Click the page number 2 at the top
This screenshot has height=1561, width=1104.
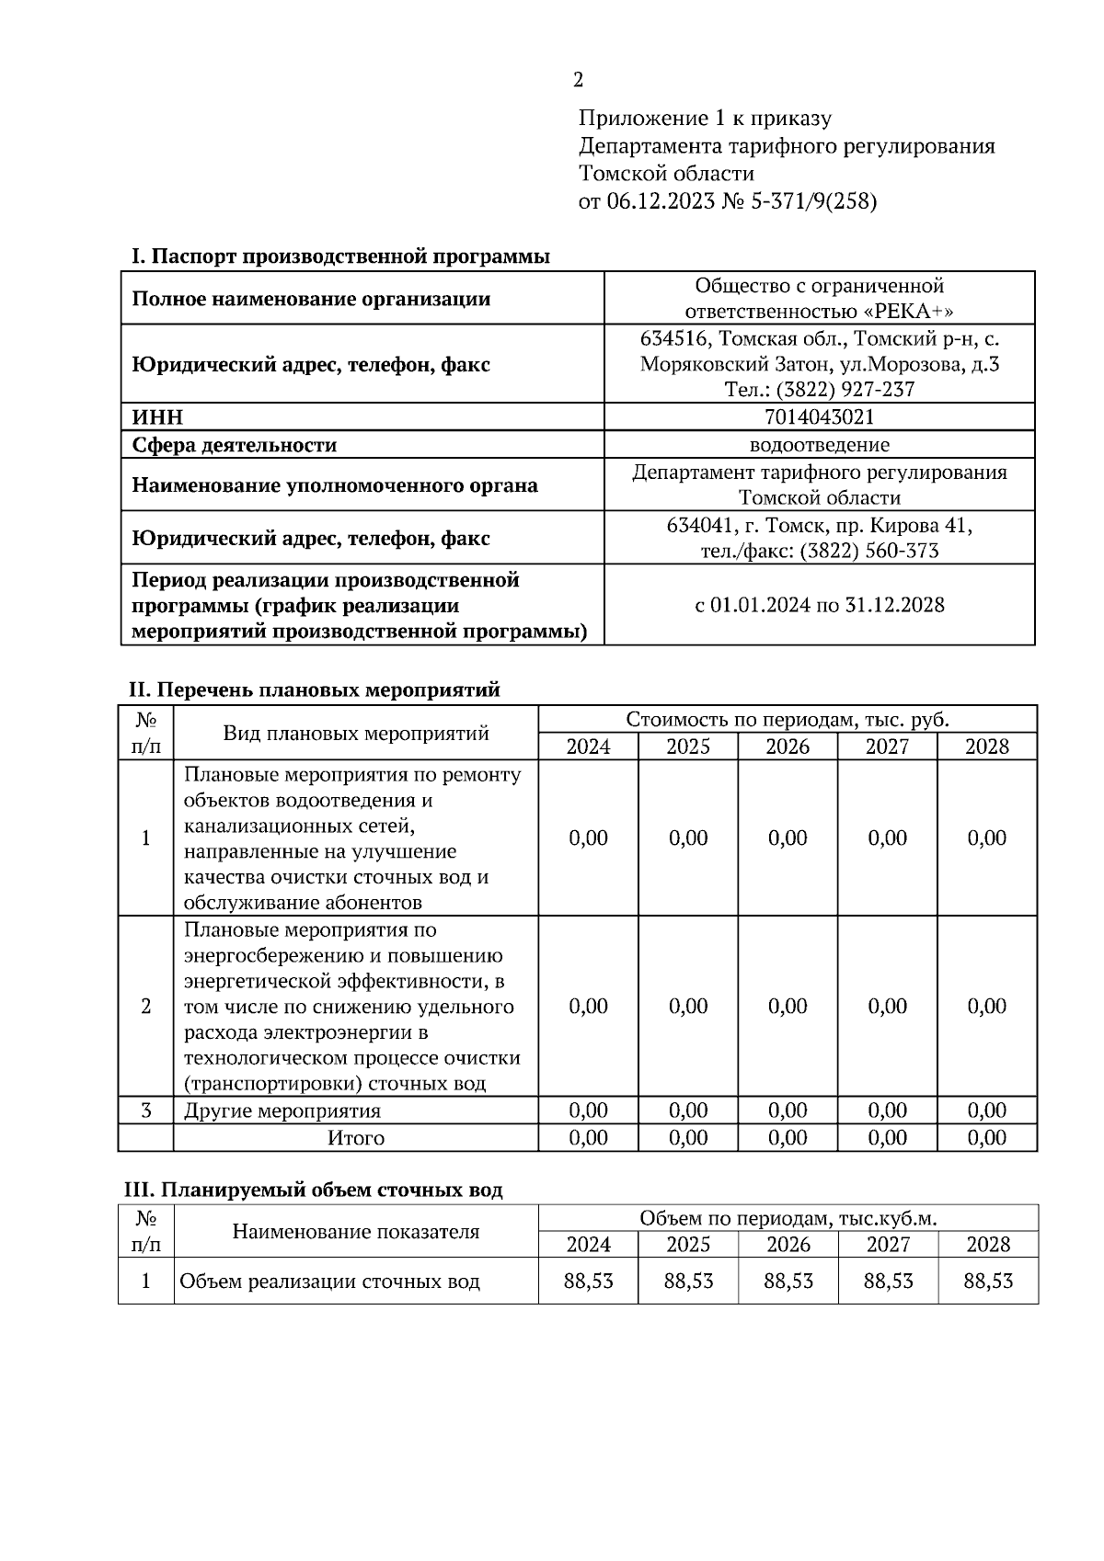578,81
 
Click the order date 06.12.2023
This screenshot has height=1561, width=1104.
660,201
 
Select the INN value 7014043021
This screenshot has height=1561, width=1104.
819,417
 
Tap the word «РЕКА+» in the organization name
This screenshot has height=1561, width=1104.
908,311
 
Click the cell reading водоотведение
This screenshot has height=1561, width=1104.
819,445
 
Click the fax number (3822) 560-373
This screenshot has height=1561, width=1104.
869,551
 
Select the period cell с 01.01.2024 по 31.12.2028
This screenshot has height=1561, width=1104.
819,605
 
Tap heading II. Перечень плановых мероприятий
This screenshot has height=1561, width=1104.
314,689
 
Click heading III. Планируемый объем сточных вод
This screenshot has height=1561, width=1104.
314,1190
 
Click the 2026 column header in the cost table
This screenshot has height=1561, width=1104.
788,746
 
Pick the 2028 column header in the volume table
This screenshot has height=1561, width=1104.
987,1245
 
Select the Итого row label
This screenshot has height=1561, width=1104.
356,1138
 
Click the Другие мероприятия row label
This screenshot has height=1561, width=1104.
282,1111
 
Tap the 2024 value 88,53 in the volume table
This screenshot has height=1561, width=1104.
588,1281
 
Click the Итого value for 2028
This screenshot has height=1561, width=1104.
987,1138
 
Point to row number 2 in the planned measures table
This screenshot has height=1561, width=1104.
145,1006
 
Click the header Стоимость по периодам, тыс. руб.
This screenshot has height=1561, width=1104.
788,719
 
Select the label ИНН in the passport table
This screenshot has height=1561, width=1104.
158,417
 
